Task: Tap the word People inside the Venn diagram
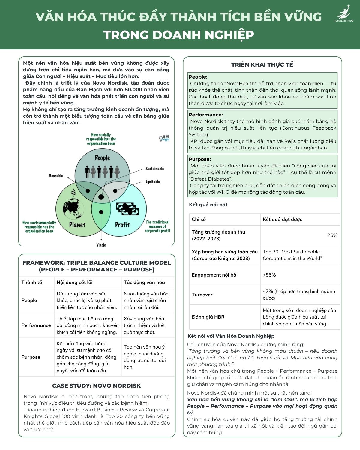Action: [x=102, y=158]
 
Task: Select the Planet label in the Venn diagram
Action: [x=77, y=225]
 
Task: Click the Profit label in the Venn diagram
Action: [x=122, y=225]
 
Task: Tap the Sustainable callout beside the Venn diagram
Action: [x=155, y=169]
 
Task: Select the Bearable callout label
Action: [x=56, y=175]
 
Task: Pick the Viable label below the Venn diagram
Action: [x=101, y=245]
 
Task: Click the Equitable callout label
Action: [x=153, y=181]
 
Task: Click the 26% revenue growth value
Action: [x=332, y=235]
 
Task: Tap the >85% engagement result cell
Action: [x=269, y=275]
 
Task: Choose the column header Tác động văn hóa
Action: [x=144, y=283]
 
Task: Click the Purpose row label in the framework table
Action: [x=31, y=357]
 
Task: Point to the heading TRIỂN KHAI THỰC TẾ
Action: [x=262, y=65]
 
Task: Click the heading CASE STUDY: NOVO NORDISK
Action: [x=96, y=386]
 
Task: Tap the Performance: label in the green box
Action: [x=202, y=115]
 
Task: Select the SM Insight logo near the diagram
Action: [x=164, y=138]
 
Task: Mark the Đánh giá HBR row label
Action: [x=208, y=317]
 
